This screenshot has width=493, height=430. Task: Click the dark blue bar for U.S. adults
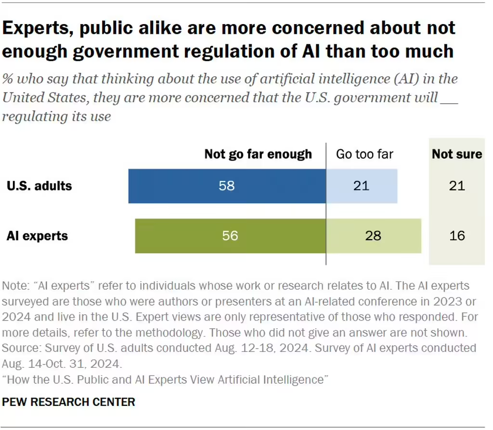[193, 186]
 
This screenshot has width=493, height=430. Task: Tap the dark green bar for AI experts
[193, 236]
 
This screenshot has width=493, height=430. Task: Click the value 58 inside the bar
[227, 186]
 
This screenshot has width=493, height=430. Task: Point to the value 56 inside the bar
[230, 236]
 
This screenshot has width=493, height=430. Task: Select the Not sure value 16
[457, 236]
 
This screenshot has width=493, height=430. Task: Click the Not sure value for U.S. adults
[457, 186]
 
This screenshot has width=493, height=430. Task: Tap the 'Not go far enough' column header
[258, 154]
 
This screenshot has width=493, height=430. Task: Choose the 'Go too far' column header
[364, 154]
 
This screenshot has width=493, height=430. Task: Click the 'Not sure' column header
[457, 154]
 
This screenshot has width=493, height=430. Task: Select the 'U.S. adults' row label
[39, 186]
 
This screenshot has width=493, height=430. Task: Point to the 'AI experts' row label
[37, 236]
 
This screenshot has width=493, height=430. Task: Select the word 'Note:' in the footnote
[15, 285]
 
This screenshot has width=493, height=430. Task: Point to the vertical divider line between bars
[326, 255]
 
